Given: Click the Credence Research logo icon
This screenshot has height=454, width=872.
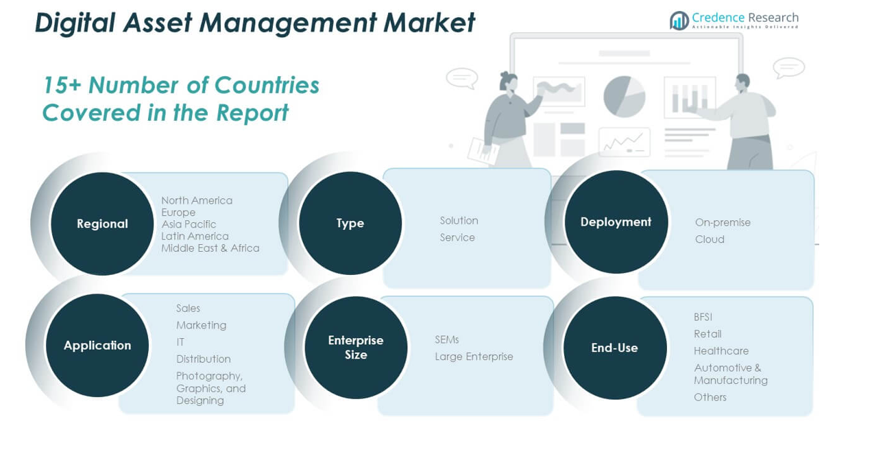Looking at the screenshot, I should click(679, 21).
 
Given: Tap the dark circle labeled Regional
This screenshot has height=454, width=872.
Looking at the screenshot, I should click(102, 224).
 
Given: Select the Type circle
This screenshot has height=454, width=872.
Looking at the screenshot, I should click(350, 223).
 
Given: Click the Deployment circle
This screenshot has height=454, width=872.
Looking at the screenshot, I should click(616, 222).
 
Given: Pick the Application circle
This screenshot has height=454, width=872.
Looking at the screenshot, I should click(97, 345).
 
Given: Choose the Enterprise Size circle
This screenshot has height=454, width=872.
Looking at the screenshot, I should click(356, 347).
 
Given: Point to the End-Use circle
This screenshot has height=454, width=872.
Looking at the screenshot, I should click(614, 348).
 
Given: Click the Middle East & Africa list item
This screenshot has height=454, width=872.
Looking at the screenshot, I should click(210, 248).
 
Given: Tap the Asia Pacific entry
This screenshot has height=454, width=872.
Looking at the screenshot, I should click(189, 224).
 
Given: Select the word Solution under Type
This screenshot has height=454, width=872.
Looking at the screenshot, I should click(459, 220).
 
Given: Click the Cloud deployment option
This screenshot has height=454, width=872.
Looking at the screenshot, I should click(710, 239).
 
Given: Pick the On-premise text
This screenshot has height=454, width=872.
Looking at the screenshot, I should click(723, 222).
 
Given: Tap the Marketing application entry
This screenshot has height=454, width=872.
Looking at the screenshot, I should click(201, 325).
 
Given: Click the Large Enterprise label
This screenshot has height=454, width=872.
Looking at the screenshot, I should click(474, 357).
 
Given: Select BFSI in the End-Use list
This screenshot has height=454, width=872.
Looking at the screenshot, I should click(703, 317).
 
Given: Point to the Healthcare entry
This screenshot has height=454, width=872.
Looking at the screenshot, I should click(721, 350).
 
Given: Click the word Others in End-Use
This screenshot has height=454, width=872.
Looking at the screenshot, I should click(710, 397).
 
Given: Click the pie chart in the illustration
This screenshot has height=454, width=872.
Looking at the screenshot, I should click(624, 96).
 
